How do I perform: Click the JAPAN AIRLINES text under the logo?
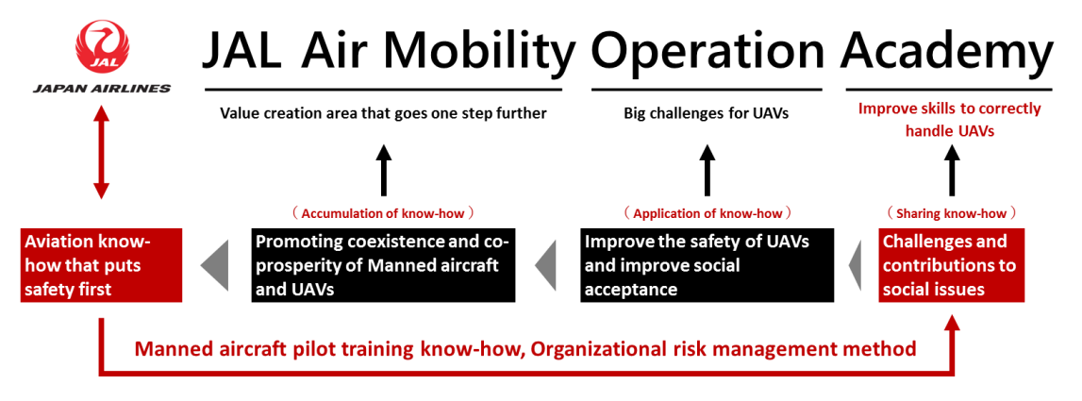(102, 89)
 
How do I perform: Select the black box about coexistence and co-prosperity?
(383, 265)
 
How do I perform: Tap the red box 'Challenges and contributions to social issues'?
(951, 265)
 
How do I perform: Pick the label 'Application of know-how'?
(707, 213)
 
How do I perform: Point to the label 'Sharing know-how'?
(951, 213)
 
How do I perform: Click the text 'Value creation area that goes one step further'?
(383, 113)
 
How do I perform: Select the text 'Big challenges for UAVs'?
(706, 113)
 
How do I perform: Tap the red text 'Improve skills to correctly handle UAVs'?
(949, 120)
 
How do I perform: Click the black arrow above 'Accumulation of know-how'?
(383, 170)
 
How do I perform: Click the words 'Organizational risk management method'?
(724, 349)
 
